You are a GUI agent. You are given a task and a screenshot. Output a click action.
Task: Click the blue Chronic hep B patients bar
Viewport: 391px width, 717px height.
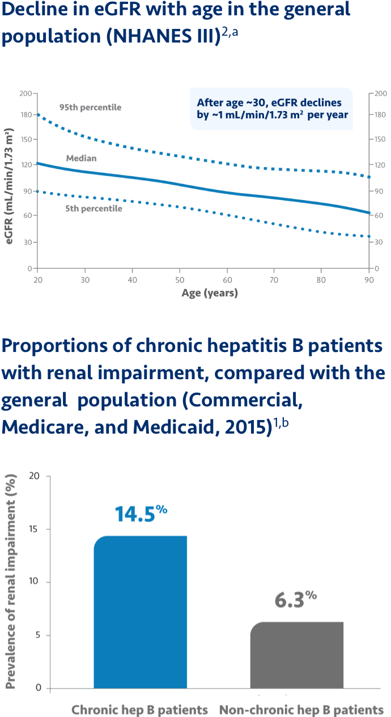click(x=140, y=612)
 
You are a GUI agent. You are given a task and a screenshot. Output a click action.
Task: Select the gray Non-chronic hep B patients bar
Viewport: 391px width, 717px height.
click(x=297, y=655)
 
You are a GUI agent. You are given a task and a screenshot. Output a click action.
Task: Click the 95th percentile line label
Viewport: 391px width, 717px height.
click(x=90, y=107)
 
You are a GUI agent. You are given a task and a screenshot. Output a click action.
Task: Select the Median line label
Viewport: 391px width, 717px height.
click(x=81, y=158)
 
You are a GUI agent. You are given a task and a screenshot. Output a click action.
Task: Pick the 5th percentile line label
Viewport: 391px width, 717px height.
click(x=93, y=209)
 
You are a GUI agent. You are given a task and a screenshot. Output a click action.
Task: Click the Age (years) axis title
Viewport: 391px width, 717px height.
click(x=210, y=293)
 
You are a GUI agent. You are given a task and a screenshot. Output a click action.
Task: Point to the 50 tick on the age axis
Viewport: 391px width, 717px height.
click(x=179, y=280)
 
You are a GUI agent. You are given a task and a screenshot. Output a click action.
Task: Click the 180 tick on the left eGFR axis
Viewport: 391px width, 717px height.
click(x=26, y=114)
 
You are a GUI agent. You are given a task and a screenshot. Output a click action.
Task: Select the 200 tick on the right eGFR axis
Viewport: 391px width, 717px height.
click(x=381, y=94)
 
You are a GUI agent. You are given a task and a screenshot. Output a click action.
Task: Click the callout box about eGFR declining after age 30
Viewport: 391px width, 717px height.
click(x=272, y=108)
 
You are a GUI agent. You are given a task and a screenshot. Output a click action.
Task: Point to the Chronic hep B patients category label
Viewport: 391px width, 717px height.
click(x=139, y=710)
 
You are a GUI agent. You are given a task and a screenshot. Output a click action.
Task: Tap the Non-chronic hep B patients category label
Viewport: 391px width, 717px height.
click(x=301, y=710)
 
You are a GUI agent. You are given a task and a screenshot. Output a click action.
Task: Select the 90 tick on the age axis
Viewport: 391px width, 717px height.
click(x=368, y=280)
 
